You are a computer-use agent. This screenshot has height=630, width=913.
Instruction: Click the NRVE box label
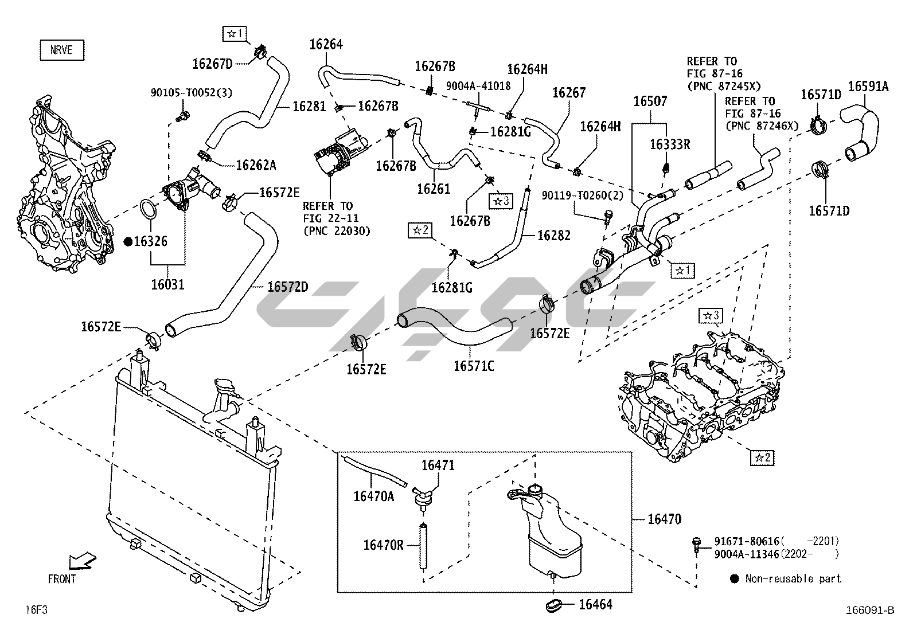pos(61,50)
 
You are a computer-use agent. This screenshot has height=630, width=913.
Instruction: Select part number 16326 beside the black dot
pos(150,241)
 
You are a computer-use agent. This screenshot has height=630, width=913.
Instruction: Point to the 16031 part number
pos(167,284)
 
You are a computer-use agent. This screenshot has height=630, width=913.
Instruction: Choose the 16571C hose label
pos(473,365)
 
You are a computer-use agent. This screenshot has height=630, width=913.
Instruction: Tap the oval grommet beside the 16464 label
pos(555,604)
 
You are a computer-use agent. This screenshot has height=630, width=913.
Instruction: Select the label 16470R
pos(383,545)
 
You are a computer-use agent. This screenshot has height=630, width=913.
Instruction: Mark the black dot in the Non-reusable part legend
pos(734,579)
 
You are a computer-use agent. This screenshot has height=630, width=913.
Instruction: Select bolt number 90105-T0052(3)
pos(191,92)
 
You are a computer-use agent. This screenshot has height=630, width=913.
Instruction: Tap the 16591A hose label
pos(868,87)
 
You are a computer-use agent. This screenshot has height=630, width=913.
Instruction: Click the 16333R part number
pos(669,144)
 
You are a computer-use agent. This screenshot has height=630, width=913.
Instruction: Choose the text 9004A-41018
pos(478,86)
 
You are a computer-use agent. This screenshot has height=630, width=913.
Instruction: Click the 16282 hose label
pos(553,235)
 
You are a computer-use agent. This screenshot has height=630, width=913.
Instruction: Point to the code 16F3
pos(36,609)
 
